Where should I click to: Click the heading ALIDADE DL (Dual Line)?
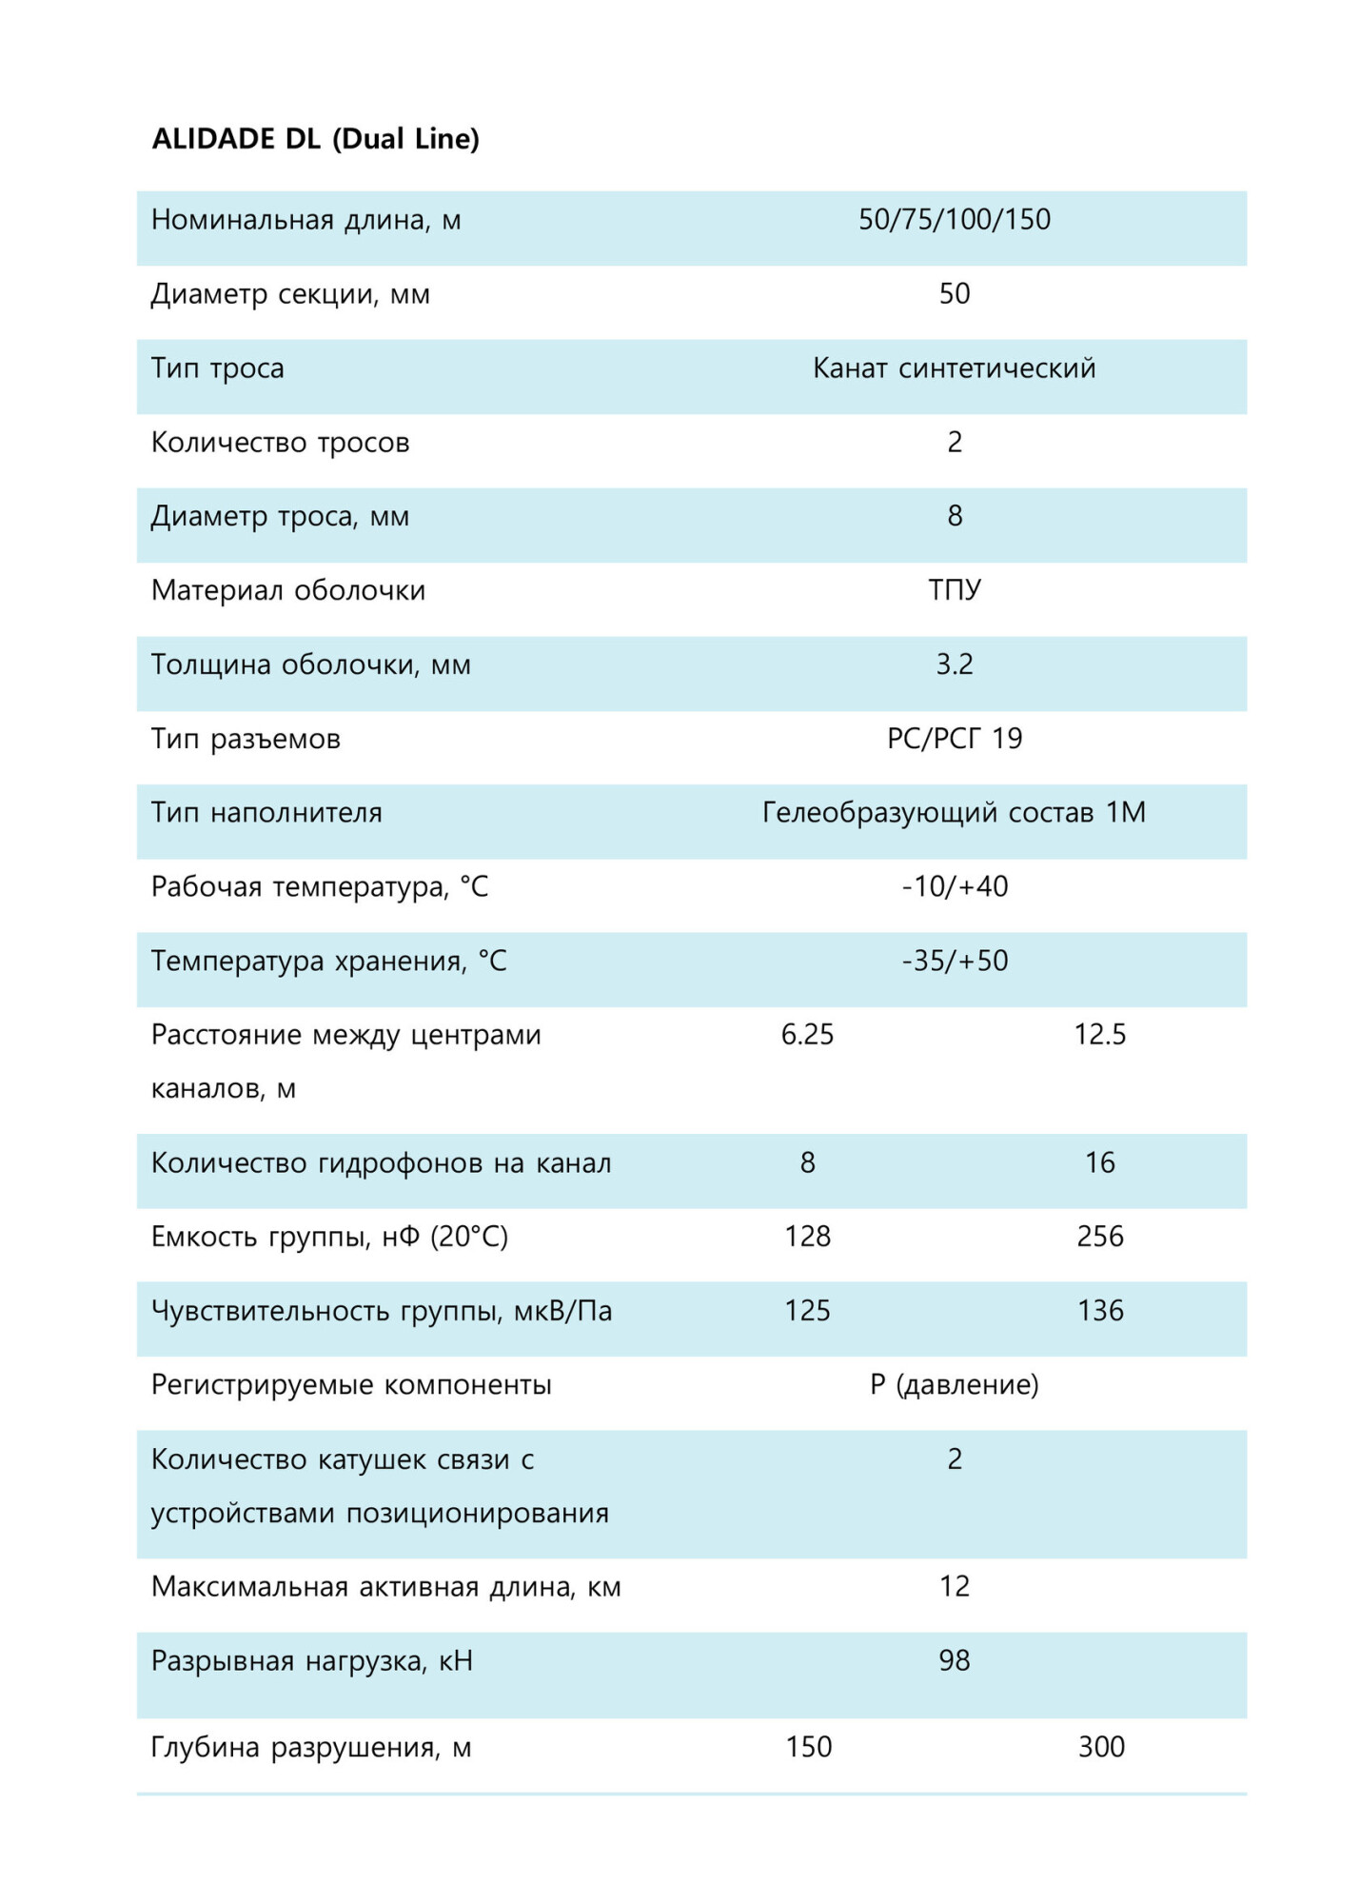point(315,139)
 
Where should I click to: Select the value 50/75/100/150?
point(954,220)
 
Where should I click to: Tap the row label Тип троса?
point(217,368)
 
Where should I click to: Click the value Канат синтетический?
point(954,368)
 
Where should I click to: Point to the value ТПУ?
point(954,590)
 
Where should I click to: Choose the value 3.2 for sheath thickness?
point(954,664)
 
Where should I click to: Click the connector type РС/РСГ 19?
point(954,739)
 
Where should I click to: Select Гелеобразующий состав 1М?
point(954,813)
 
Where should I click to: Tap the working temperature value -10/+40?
point(954,887)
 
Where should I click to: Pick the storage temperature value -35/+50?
point(954,961)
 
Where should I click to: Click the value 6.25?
point(807,1035)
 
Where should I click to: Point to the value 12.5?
point(1099,1035)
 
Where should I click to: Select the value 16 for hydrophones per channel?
point(1099,1162)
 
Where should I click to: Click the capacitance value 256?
point(1099,1237)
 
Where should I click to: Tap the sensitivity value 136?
point(1099,1311)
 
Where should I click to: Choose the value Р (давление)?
point(954,1385)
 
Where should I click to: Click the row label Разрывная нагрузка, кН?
point(311,1661)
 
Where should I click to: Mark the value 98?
point(954,1661)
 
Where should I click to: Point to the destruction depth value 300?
point(1100,1747)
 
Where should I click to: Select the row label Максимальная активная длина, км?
point(385,1587)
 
